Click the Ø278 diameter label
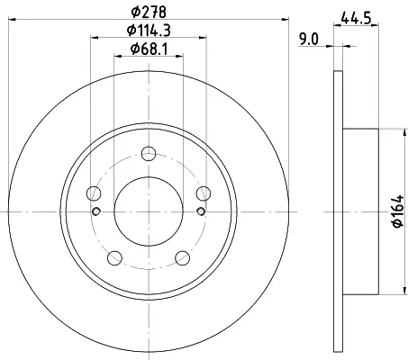click(x=149, y=12)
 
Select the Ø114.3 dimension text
click(x=149, y=31)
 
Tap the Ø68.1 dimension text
click(x=149, y=49)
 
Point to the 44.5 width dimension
click(x=356, y=19)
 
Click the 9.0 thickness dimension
click(x=309, y=40)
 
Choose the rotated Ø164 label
click(x=398, y=211)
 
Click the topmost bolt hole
click(x=149, y=154)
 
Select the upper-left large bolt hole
click(x=94, y=193)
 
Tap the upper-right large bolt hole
click(x=204, y=193)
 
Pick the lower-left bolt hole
click(x=114, y=258)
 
